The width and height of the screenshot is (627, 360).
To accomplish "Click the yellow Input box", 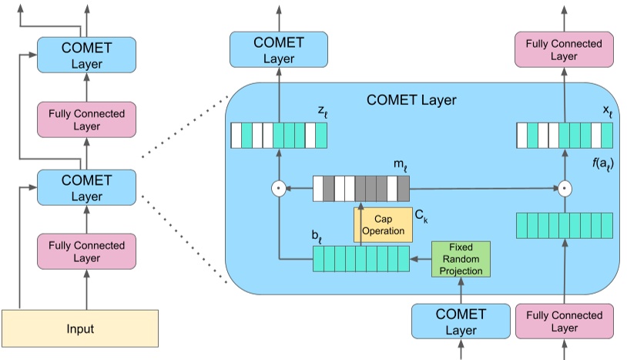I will coord(80,328).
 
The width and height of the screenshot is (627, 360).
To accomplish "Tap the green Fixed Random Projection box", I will coord(461,259).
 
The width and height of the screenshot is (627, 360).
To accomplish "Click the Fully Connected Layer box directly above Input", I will coord(86,251).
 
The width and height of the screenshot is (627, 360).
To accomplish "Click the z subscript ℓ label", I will coord(322,113).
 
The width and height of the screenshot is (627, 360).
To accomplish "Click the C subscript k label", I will coord(421,217).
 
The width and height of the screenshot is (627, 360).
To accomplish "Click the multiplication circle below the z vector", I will coord(280,187).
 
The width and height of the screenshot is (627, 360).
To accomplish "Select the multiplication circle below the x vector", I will coord(564,187).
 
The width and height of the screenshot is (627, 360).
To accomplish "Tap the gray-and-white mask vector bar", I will coord(360,188).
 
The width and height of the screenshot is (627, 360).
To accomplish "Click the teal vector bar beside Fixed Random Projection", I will coord(360,259).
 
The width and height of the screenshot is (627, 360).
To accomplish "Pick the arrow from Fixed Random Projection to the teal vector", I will coord(420,260).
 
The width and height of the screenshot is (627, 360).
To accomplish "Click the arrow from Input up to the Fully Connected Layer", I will coord(86,289).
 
